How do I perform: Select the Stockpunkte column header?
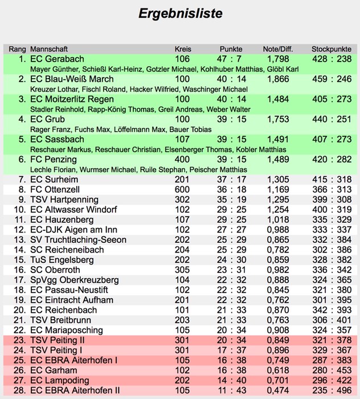(331, 48)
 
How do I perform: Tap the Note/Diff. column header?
(277, 48)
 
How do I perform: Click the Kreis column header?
(182, 48)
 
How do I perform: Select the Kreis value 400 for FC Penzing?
(182, 160)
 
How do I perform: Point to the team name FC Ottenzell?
(56, 189)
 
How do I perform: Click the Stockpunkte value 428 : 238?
(332, 59)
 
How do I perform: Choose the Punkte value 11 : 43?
(234, 390)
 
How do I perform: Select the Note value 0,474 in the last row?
(277, 390)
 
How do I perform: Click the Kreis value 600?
(182, 189)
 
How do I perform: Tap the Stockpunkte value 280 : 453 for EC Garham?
(332, 370)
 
